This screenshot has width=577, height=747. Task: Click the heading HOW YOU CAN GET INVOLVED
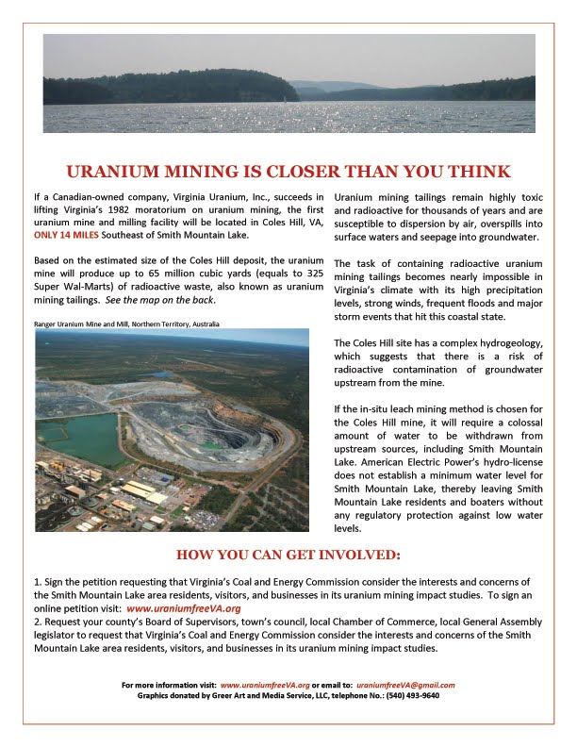click(x=288, y=553)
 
